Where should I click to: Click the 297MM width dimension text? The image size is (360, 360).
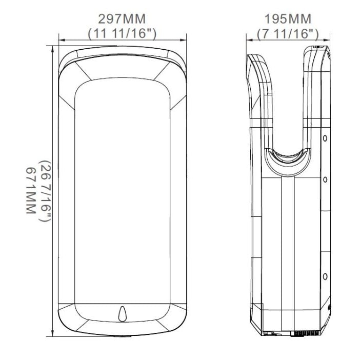[x=122, y=19]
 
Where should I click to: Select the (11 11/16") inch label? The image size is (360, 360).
[x=122, y=33]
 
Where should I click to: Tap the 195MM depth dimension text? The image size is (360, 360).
[x=288, y=19]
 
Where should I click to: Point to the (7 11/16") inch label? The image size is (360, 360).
[x=288, y=33]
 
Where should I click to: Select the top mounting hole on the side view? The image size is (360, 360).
[x=325, y=138]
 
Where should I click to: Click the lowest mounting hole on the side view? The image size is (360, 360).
[x=325, y=277]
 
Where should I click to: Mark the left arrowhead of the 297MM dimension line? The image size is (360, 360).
[x=61, y=39]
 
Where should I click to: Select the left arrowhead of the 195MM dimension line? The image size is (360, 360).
[x=248, y=39]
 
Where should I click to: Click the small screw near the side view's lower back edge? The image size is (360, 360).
[x=329, y=307]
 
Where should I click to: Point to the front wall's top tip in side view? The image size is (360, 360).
[x=250, y=55]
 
